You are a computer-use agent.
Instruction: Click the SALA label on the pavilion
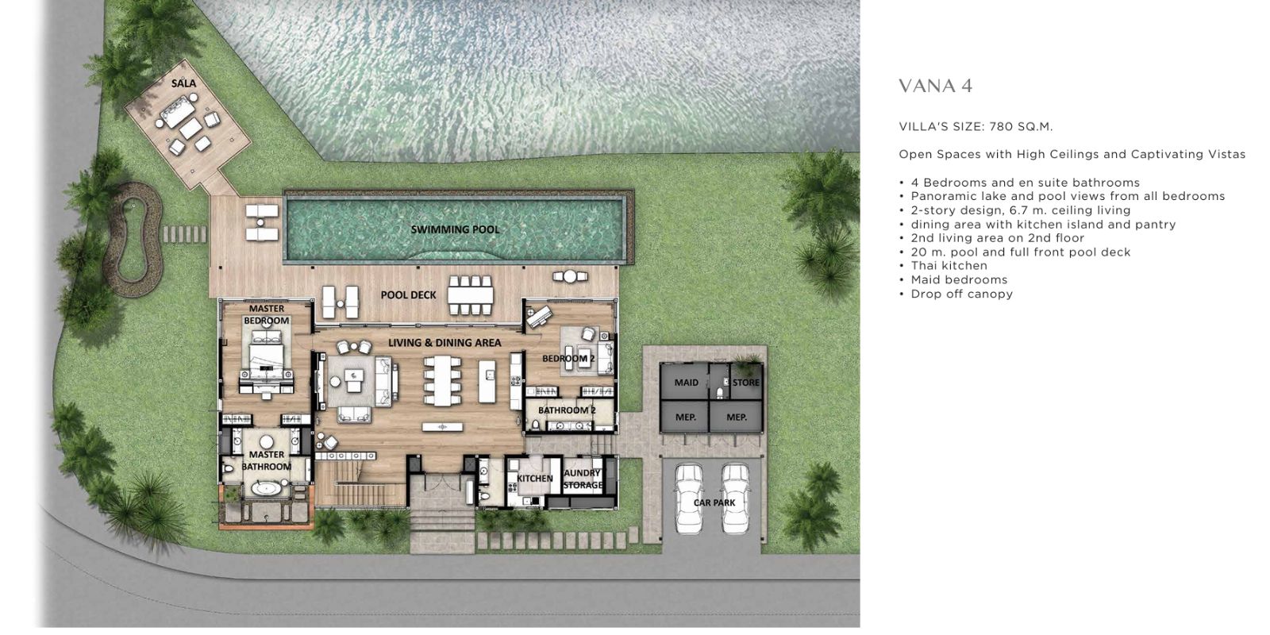coord(183,83)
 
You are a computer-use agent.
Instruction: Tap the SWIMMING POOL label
coord(456,229)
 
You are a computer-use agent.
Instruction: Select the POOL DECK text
coord(408,294)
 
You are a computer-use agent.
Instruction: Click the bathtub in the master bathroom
coord(266,489)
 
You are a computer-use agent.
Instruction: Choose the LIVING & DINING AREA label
coord(444,342)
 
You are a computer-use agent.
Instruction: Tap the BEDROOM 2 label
coord(568,358)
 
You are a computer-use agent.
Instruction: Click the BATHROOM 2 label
coord(567,410)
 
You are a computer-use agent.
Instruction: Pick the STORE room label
coord(745,383)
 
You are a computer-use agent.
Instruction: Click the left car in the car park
coord(690,498)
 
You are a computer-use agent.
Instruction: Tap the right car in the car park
coord(735,498)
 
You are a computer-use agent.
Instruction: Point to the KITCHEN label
coord(535,479)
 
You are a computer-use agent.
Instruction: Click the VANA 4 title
coord(936,87)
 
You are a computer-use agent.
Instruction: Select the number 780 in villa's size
coord(1001,126)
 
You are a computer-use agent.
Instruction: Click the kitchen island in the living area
coord(487,381)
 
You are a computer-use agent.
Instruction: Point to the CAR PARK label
coord(714,502)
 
